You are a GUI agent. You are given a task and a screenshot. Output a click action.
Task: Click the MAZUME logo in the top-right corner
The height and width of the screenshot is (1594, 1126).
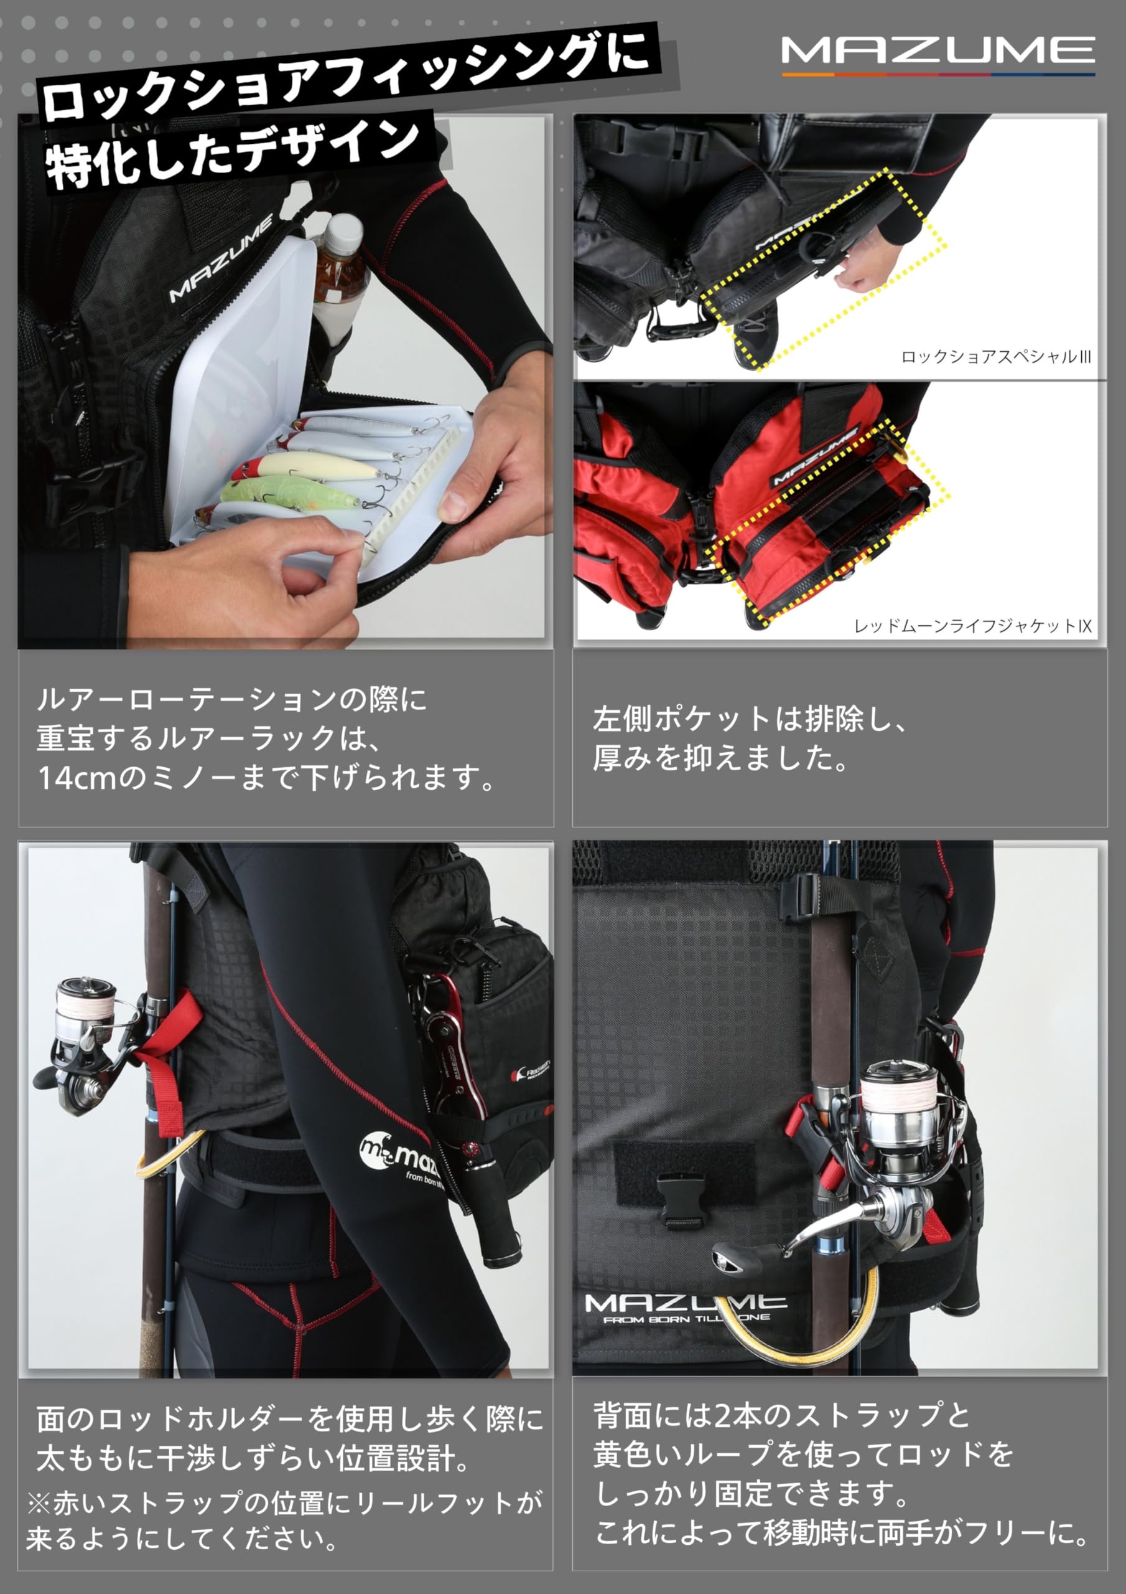[x=938, y=53]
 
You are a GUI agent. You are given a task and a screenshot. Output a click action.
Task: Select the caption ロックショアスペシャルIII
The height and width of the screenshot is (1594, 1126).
[x=995, y=357]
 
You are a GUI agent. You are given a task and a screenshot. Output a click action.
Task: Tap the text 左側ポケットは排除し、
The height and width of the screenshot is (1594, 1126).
[x=749, y=719]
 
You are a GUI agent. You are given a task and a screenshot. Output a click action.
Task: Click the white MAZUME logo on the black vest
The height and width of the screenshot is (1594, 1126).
[x=221, y=260]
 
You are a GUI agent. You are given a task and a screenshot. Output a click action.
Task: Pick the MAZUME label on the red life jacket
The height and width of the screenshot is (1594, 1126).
[x=814, y=458]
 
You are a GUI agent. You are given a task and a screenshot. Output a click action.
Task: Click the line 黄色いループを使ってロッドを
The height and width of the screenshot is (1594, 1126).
[x=803, y=1453]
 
